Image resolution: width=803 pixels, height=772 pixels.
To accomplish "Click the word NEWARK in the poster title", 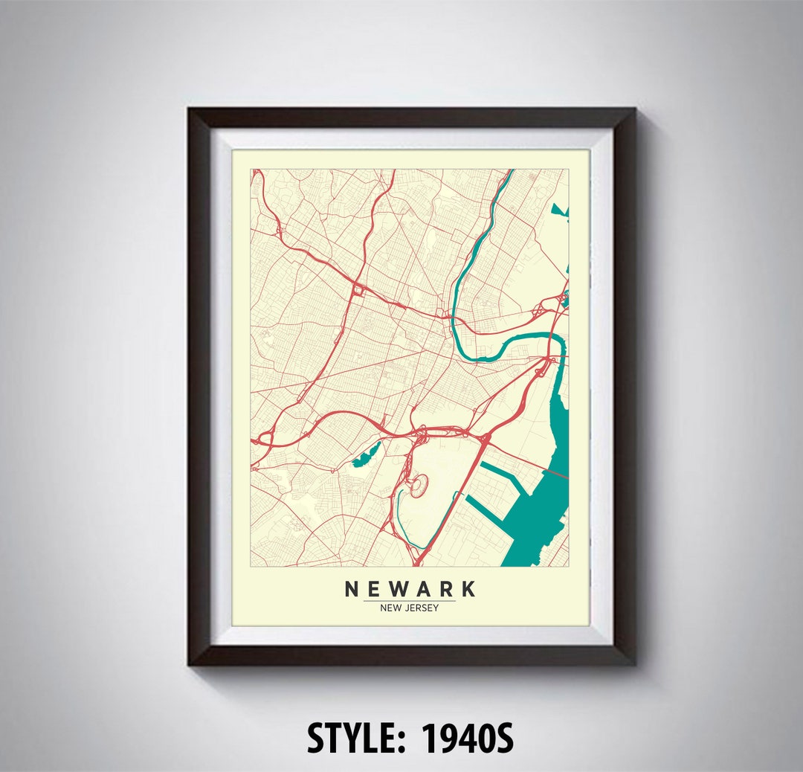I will [410, 589].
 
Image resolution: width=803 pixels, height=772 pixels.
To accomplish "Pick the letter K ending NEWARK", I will [468, 589].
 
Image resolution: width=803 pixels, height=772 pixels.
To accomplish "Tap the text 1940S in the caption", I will [468, 738].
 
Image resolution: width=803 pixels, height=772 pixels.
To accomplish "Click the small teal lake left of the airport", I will [365, 454].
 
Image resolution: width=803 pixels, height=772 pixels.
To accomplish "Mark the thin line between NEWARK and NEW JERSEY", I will [410, 600].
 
